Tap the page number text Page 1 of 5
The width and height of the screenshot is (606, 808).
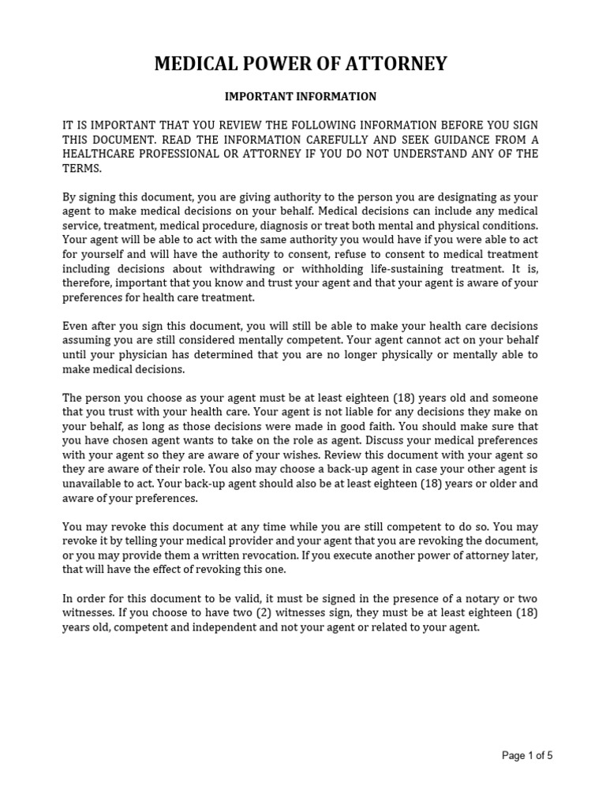point(528,755)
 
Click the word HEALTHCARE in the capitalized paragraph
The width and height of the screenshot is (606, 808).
point(100,154)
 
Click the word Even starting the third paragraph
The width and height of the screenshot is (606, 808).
point(76,327)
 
